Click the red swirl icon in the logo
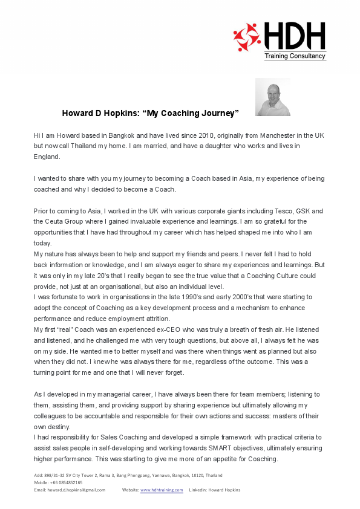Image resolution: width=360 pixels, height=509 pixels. coord(247,37)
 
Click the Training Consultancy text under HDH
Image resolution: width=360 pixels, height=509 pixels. coord(295,56)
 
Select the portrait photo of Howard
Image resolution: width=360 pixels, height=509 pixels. coord(273,97)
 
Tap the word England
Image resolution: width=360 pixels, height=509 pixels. coord(47,157)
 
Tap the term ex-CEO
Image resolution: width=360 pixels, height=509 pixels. coord(157,329)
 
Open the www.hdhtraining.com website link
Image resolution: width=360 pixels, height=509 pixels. coord(162,490)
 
